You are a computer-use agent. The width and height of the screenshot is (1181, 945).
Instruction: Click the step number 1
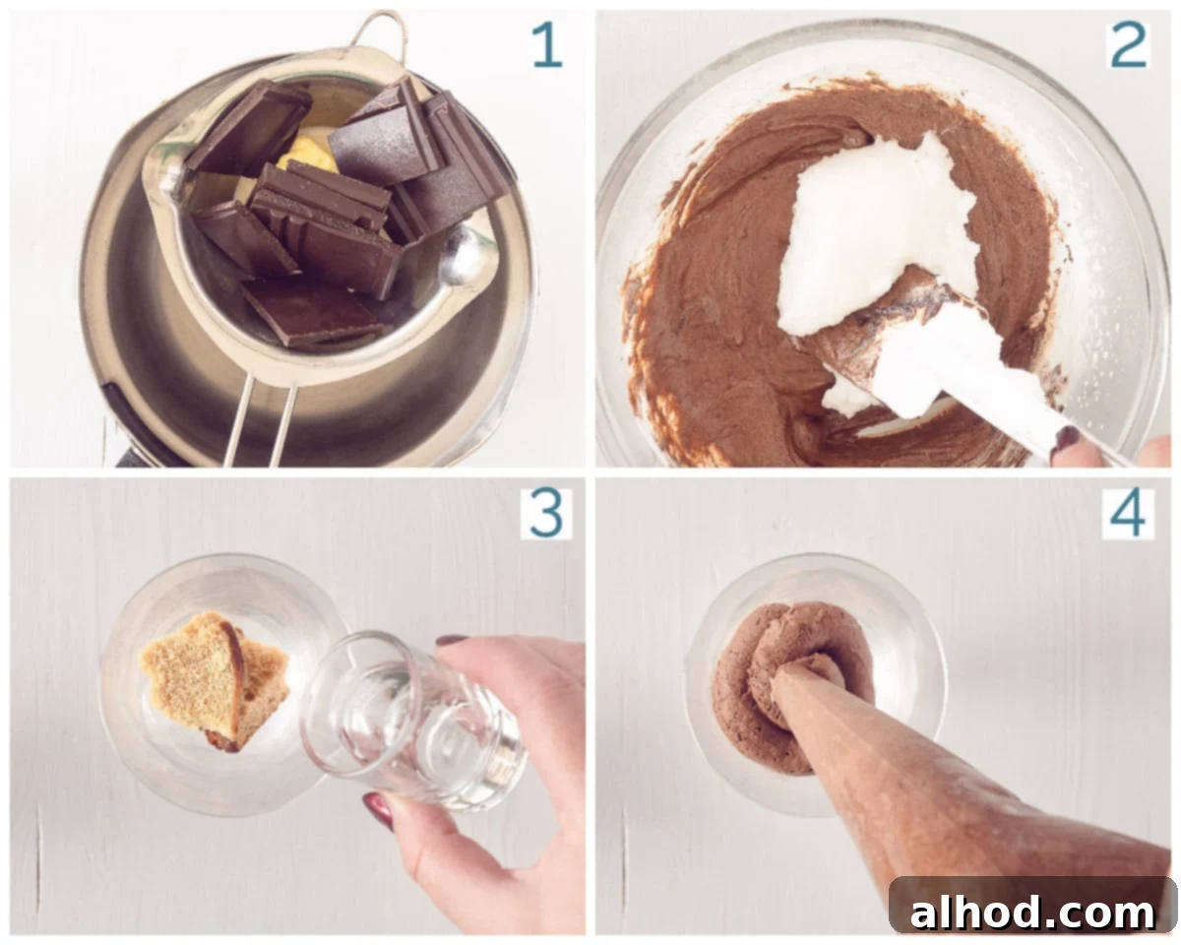point(548,46)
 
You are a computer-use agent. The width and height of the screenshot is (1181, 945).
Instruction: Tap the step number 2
point(1129,45)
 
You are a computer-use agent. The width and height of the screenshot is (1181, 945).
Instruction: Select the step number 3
point(546,514)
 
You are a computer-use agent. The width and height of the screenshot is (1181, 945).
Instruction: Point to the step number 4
point(1128,514)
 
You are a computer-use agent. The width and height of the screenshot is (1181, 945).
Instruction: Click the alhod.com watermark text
point(1032,913)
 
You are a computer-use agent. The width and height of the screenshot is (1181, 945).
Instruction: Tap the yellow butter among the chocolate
point(307,156)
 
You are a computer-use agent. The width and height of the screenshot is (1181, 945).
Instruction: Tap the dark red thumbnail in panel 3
point(379,809)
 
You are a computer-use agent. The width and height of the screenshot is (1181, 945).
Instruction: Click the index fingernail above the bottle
point(452,640)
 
